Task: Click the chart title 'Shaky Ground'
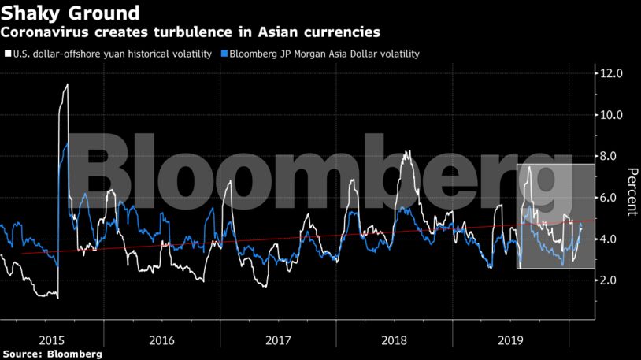(71, 13)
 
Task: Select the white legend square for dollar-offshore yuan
(7, 54)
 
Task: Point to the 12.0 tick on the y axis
(613, 73)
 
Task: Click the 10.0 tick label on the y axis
(613, 115)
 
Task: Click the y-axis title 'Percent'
(631, 191)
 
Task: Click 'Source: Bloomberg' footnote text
(51, 354)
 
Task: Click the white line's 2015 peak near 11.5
(67, 84)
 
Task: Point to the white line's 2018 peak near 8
(406, 151)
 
